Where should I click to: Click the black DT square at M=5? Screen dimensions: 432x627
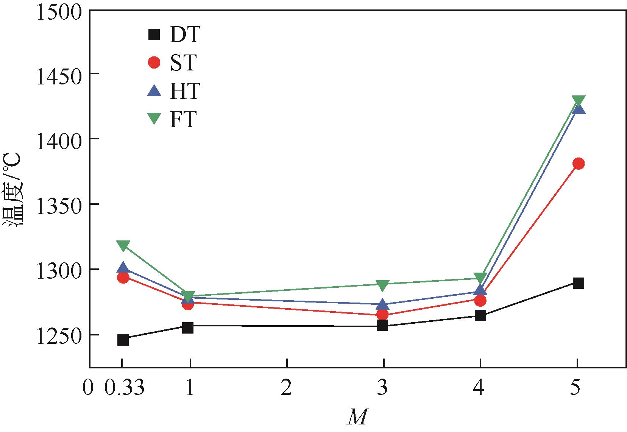pos(578,283)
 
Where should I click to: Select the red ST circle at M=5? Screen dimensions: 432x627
pos(578,164)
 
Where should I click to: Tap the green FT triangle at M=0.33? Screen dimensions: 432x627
pos(123,246)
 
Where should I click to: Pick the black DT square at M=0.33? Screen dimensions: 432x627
pos(123,340)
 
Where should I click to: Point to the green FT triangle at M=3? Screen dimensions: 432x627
pos(383,285)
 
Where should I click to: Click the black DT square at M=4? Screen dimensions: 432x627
pos(480,315)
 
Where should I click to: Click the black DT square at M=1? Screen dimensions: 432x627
pos(188,328)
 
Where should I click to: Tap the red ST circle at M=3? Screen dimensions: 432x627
pos(383,314)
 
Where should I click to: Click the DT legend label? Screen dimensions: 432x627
pos(184,35)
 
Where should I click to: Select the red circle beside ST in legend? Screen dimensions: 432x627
pos(154,63)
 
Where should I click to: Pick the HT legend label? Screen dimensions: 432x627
pos(184,91)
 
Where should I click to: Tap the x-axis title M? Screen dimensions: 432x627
pos(357,417)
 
